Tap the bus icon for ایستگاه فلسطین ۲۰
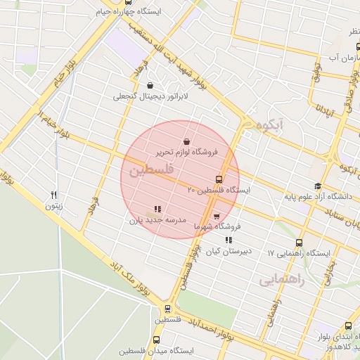(x=219, y=179)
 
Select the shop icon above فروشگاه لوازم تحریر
(x=186, y=141)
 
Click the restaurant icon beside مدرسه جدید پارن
(x=157, y=209)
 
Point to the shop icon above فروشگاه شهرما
(x=216, y=216)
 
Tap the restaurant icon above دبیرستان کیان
(x=228, y=240)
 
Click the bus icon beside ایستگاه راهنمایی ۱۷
(x=300, y=243)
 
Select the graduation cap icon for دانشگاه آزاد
(x=318, y=186)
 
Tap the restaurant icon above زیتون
(x=54, y=195)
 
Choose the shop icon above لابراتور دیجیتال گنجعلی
(x=150, y=85)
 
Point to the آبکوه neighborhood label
(x=270, y=126)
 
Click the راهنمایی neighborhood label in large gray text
(x=282, y=280)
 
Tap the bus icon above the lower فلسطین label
(x=167, y=308)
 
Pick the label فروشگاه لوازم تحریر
(x=190, y=152)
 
